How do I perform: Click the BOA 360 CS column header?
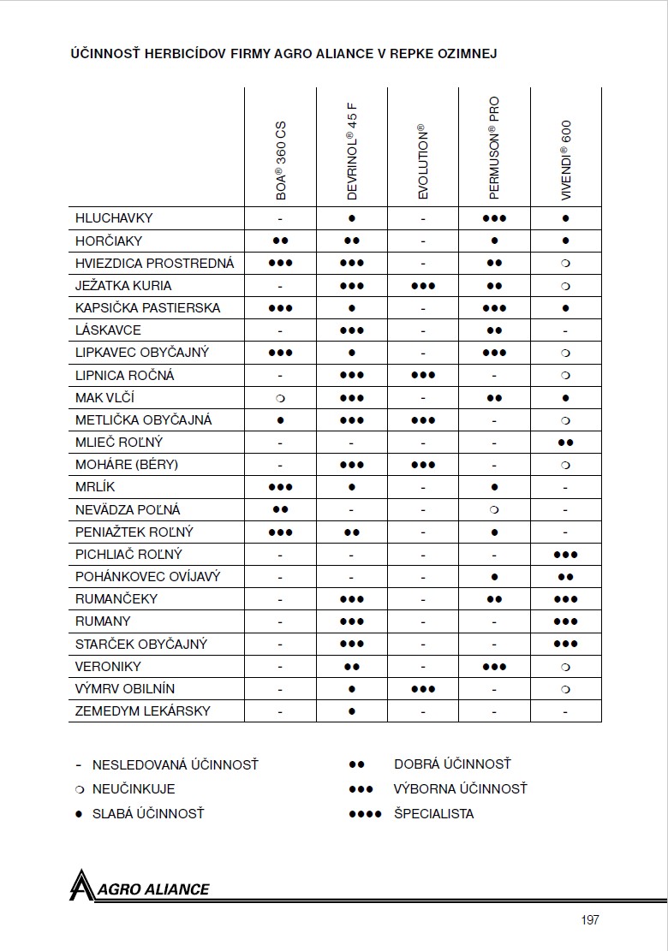281,162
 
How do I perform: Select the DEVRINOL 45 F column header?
352,152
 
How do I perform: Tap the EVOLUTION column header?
423,162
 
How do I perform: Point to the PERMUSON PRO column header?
494,147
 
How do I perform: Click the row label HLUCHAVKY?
114,218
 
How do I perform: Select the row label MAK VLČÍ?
105,398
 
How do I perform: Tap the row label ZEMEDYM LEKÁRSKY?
143,710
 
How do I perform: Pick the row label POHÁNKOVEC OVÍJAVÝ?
148,576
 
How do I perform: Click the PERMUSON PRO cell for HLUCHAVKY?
494,218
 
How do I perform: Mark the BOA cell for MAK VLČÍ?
280,398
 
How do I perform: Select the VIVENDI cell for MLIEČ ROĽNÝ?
566,443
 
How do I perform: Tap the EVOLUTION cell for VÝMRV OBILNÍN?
423,688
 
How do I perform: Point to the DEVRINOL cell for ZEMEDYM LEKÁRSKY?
352,710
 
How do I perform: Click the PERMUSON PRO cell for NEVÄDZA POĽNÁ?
494,509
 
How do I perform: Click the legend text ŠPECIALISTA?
433,813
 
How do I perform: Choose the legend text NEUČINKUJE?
134,788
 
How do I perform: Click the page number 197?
589,920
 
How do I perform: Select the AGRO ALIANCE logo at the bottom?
140,887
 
